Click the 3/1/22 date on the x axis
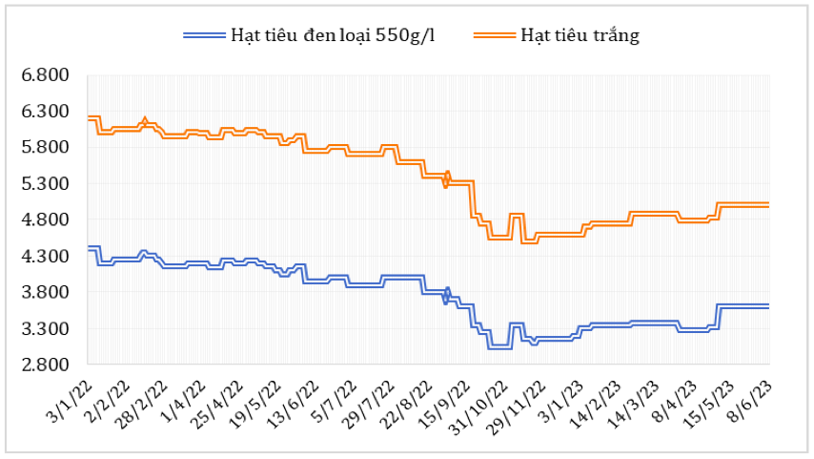tap(70, 392)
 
